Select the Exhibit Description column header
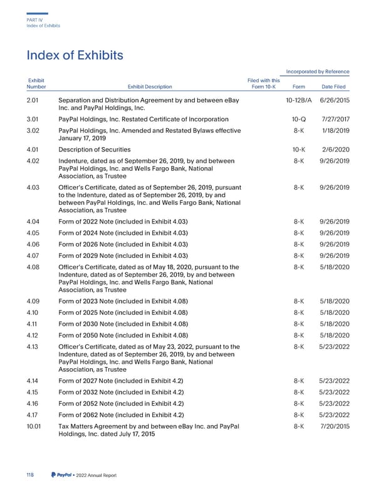pos(150,87)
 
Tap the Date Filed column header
pos(334,87)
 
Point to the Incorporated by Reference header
pos(317,71)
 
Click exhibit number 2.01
pos(35,101)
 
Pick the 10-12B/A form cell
pos(298,101)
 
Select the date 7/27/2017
pos(334,118)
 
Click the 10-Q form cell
pos(299,118)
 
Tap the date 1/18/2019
pos(335,130)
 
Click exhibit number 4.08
pos(36,268)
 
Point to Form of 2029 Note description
pos(122,255)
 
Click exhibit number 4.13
pos(35,347)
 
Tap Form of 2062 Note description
pos(120,416)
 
